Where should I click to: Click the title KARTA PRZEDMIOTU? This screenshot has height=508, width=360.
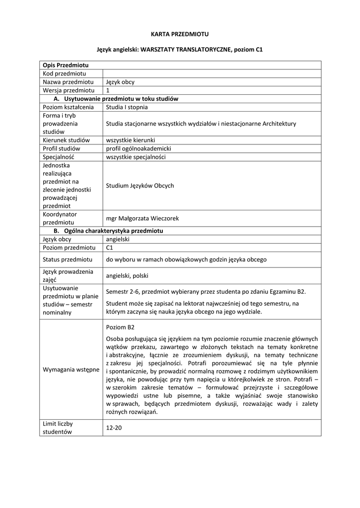(180, 34)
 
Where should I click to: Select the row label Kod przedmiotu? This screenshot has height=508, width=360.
(65, 73)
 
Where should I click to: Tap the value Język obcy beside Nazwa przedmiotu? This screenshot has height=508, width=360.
(120, 82)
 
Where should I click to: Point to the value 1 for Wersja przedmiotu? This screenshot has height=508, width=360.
(108, 90)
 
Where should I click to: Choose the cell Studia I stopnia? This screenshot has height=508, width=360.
(127, 107)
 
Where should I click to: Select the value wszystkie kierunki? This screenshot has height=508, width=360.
(130, 140)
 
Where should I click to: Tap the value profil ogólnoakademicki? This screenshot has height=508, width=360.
(139, 149)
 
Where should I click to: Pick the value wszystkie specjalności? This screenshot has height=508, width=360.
(136, 157)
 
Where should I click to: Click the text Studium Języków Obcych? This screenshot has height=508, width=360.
(140, 186)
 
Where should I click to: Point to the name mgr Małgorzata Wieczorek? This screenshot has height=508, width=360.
(142, 218)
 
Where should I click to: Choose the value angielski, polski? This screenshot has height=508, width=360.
(127, 276)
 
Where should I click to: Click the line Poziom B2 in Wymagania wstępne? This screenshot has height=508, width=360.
(120, 327)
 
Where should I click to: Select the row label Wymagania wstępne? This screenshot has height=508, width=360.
(71, 370)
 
